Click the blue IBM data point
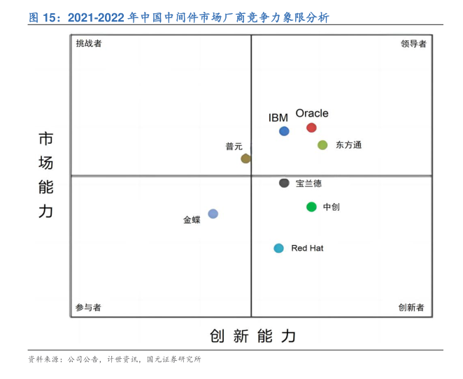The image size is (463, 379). point(284,131)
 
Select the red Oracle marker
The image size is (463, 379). point(311,127)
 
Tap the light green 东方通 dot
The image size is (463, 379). point(322,145)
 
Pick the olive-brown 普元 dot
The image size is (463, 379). point(245,158)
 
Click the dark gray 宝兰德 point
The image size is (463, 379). point(284,183)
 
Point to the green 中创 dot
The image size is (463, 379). point(311,207)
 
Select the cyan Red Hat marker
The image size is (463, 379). point(279,248)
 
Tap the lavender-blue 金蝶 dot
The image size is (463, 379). point(213,214)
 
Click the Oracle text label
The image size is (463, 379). point(312,113)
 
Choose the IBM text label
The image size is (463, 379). point(278,117)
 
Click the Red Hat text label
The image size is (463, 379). point(307,248)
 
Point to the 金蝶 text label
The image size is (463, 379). point(192,219)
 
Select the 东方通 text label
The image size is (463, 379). point(348,145)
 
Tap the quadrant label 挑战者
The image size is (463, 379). point(89,43)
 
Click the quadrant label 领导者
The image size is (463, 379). point(413,43)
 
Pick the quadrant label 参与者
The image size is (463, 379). point(88,307)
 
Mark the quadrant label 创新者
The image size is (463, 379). point(411,307)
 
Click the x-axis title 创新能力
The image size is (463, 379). point(252,336)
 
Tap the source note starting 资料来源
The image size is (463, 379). point(114,359)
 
